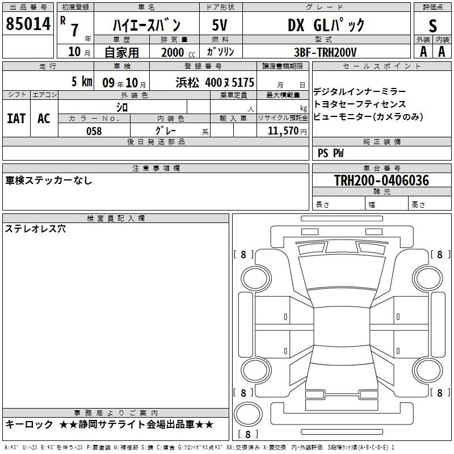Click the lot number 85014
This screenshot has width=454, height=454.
pos(28,24)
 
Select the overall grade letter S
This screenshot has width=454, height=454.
pos(432,26)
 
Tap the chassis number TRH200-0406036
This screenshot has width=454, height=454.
pos(381,180)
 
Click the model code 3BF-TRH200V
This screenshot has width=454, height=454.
pos(325,52)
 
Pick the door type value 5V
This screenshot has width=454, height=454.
pos(220,25)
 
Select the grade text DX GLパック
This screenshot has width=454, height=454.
pos(326,25)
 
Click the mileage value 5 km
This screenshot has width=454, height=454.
pos(82,82)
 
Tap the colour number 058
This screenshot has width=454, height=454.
pos(94,131)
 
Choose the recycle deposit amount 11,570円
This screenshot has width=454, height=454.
pos(287,131)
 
